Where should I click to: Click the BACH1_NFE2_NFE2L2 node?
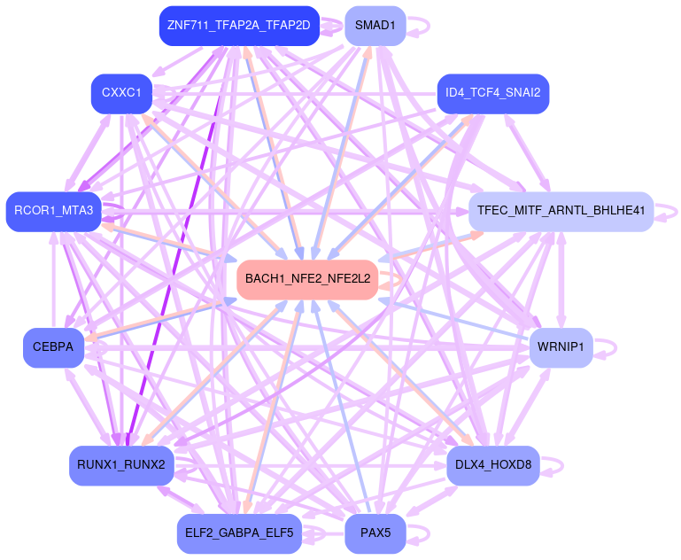click(x=307, y=279)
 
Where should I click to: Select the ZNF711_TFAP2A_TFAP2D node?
click(x=238, y=25)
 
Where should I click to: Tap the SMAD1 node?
click(x=375, y=25)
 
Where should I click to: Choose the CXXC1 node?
click(x=121, y=92)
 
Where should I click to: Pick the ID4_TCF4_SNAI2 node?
click(x=492, y=92)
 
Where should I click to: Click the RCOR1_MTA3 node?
click(x=53, y=211)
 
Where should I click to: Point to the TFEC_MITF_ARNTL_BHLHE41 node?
click(x=560, y=211)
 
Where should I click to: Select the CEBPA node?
click(x=53, y=346)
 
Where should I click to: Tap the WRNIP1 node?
click(x=561, y=346)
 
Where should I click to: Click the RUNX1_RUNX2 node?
click(x=120, y=465)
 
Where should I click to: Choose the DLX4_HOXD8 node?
click(x=492, y=465)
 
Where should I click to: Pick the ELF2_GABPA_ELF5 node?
click(x=238, y=533)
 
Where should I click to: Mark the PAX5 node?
click(x=375, y=533)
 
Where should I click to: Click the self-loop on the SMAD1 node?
click(x=427, y=25)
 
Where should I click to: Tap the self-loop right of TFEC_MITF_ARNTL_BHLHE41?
click(x=677, y=211)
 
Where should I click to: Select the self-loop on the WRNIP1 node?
click(x=615, y=346)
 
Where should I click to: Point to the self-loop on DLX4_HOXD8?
click(x=561, y=465)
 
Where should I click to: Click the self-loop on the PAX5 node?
click(x=428, y=533)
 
